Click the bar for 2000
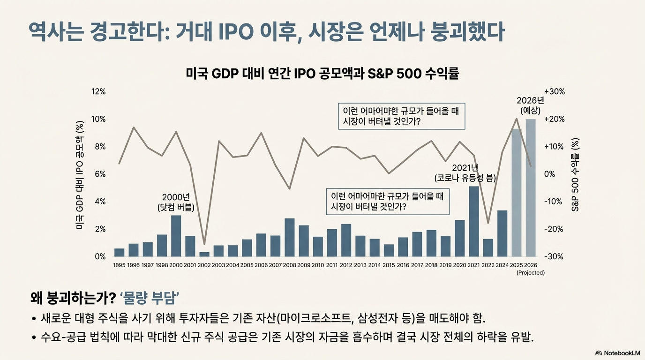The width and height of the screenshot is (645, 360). point(176,236)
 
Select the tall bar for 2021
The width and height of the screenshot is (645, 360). point(473,221)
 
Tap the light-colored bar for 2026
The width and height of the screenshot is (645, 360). point(531,188)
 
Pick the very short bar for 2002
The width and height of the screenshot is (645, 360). point(204,255)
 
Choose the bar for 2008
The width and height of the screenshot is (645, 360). point(289,238)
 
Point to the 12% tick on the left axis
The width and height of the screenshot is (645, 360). point(98,91)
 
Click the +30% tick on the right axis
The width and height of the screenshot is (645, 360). point(555,91)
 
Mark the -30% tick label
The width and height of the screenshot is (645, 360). point(554,256)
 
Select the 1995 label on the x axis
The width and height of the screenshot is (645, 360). point(119,265)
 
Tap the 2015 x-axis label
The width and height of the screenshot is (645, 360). point(389,265)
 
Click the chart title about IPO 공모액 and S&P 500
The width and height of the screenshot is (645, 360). point(322,74)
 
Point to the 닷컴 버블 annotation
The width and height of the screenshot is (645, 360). point(176,208)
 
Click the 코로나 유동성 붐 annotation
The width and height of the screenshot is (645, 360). point(465,178)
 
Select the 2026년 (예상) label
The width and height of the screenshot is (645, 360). point(531,105)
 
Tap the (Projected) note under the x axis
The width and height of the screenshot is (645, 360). point(531,273)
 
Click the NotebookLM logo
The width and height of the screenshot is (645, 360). point(618,353)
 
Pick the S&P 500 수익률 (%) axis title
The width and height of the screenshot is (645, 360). point(575,175)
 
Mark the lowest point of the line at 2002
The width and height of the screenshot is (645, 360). point(204,244)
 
